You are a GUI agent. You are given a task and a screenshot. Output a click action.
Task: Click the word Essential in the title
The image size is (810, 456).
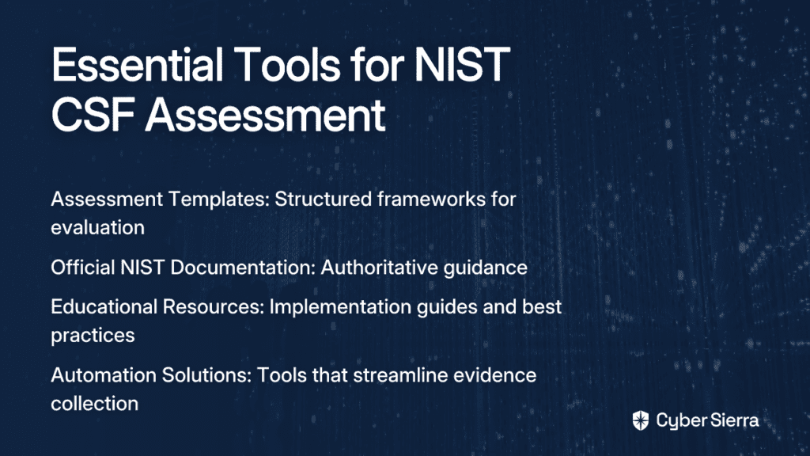click(x=138, y=65)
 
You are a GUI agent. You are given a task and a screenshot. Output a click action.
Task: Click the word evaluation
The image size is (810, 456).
click(x=97, y=227)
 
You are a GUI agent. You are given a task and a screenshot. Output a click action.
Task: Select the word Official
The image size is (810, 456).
click(x=82, y=268)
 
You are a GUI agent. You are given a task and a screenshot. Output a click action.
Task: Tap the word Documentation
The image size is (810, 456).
click(x=243, y=268)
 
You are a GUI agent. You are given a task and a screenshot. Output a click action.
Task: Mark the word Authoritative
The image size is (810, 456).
click(x=380, y=268)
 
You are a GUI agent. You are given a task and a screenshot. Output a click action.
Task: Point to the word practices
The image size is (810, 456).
click(x=93, y=336)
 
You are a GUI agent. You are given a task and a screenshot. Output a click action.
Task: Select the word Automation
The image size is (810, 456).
click(x=104, y=374)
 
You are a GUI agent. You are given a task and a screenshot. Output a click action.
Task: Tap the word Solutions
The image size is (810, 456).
click(x=206, y=374)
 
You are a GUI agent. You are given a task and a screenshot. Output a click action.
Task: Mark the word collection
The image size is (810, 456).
click(x=95, y=403)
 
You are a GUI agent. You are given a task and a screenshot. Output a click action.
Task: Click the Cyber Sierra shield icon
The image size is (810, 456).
click(x=641, y=420)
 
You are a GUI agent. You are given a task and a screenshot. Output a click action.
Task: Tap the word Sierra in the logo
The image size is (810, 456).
click(x=733, y=420)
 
